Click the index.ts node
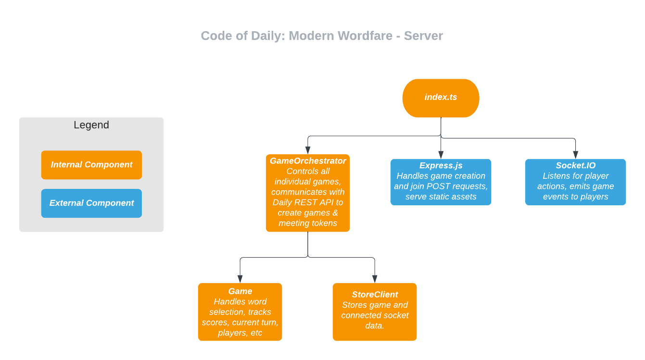[x=441, y=98]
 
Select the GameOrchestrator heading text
[x=308, y=161]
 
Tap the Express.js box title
[x=441, y=166]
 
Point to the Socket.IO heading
[x=575, y=166]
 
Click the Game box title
[x=240, y=291]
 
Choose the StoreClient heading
[x=375, y=295]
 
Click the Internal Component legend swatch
[x=91, y=165]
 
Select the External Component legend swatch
[x=91, y=203]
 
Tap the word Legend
[x=91, y=125]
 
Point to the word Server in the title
[x=423, y=36]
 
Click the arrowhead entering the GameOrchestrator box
[x=308, y=150]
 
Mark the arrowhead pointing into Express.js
[x=441, y=155]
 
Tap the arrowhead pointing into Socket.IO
[x=575, y=155]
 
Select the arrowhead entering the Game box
[x=240, y=279]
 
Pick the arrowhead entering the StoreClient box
[x=375, y=279]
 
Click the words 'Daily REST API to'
[x=308, y=202]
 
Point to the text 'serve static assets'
[x=441, y=197]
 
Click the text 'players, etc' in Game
[x=240, y=333]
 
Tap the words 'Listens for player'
[x=575, y=176]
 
